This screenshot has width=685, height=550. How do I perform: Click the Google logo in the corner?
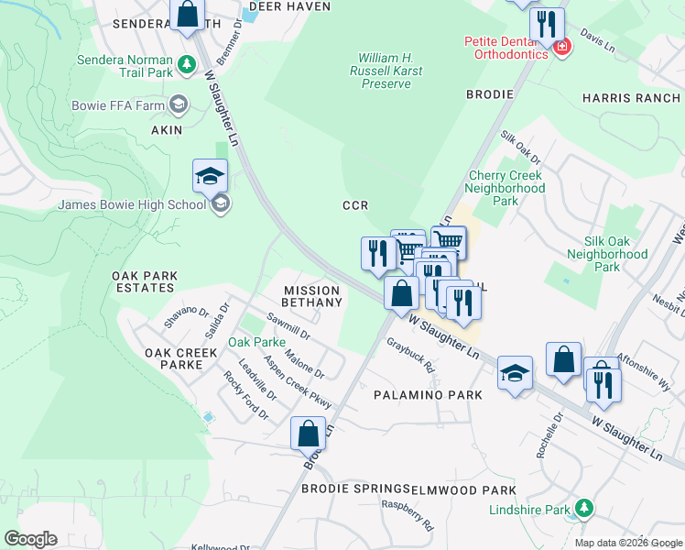(x=30, y=539)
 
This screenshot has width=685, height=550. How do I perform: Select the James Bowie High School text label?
(x=132, y=204)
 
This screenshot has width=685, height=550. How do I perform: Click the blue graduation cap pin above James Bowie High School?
(x=210, y=176)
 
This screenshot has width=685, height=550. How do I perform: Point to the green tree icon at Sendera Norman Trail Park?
(x=186, y=64)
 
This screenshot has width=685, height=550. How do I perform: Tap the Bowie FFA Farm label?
(x=118, y=105)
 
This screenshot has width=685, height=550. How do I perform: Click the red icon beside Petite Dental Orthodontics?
(x=561, y=46)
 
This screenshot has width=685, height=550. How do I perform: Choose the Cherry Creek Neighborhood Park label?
(x=506, y=188)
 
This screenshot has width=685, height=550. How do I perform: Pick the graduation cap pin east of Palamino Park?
(x=515, y=374)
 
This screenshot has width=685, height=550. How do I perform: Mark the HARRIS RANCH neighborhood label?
(x=631, y=98)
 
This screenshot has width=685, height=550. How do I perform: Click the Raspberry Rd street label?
(x=408, y=516)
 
